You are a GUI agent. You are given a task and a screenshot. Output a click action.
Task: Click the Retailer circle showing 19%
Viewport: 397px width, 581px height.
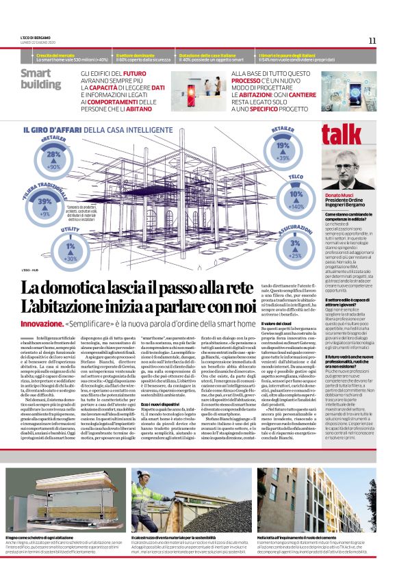[x=282, y=149]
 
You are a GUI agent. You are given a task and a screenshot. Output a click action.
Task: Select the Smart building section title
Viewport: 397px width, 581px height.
[x=40, y=79]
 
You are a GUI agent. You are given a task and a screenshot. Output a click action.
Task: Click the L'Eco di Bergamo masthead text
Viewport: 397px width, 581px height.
[x=31, y=38]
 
